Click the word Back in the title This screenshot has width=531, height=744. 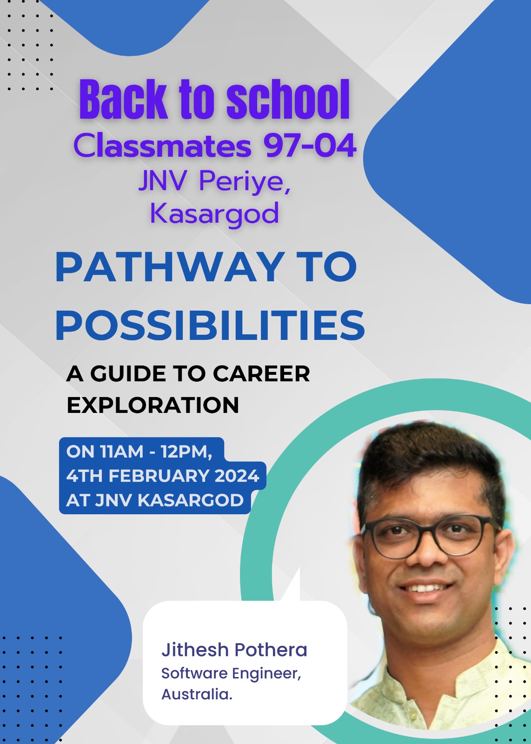click(x=123, y=99)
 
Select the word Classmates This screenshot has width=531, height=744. click(x=162, y=146)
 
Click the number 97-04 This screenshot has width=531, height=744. click(x=310, y=146)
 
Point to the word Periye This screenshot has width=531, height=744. click(x=245, y=182)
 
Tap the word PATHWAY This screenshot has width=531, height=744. click(x=170, y=267)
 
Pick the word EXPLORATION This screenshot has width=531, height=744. click(x=153, y=405)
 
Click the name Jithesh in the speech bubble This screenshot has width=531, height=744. click(x=195, y=650)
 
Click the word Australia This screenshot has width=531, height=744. click(x=197, y=695)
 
